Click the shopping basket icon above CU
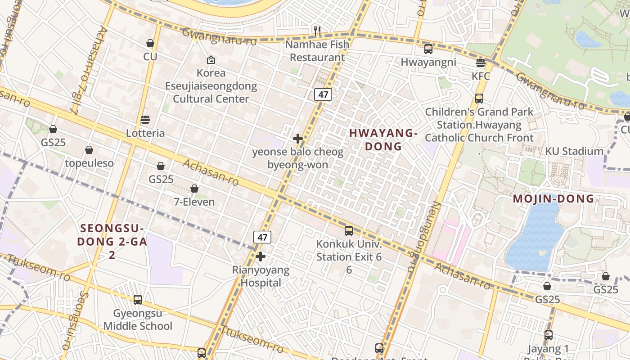tap(150, 43)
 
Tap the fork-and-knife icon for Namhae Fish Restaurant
tap(317, 31)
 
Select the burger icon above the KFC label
tap(481, 63)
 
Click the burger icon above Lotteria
tap(145, 120)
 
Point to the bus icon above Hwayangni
tap(428, 49)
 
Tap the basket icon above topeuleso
tap(89, 149)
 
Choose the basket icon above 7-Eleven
tap(194, 188)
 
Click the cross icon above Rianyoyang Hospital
tap(261, 256)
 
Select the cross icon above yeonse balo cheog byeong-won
tap(297, 139)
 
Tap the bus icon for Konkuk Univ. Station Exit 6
tap(349, 231)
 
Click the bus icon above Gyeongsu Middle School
tap(138, 299)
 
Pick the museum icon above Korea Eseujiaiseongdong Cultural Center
tap(211, 59)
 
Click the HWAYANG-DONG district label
tap(383, 139)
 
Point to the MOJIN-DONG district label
tap(553, 199)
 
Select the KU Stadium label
tap(574, 151)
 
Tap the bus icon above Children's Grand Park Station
tap(479, 98)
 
